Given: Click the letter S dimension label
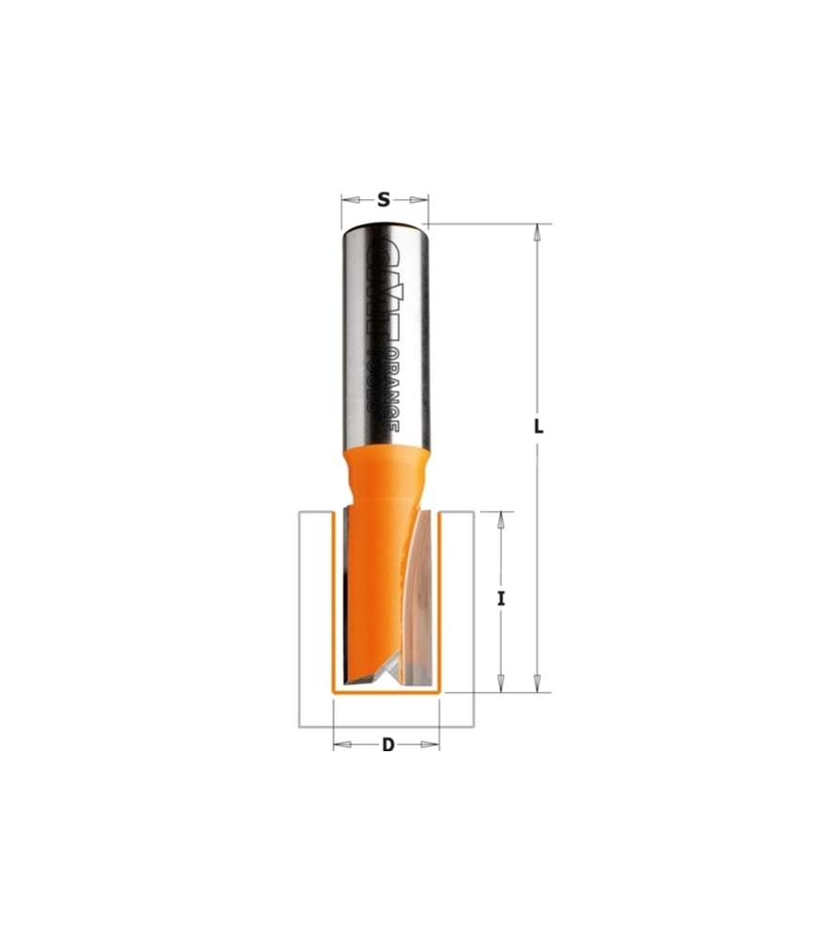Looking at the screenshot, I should point(384,199).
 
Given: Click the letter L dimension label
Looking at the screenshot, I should point(539,425).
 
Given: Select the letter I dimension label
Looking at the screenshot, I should point(502,598).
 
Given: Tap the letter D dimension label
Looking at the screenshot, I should point(387,746).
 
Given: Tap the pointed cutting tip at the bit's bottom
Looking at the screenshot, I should point(388,668).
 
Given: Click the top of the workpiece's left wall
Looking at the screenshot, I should point(315,513).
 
